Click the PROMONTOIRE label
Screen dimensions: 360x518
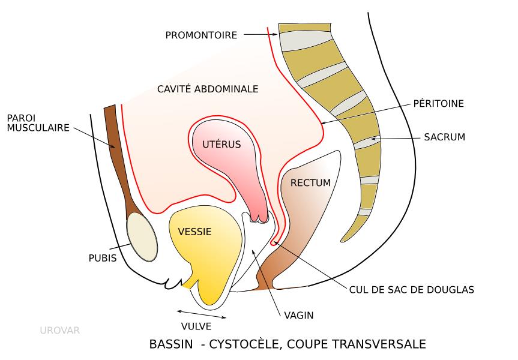201,35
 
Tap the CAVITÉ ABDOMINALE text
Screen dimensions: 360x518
207,89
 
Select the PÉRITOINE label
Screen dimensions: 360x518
439,104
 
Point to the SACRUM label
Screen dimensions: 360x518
444,137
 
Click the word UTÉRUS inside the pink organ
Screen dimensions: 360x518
221,144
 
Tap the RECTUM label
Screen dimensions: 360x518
310,182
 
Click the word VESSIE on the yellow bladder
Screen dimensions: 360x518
194,231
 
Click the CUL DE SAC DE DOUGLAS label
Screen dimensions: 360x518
412,289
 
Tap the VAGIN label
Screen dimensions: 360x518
300,314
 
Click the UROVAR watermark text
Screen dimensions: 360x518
59,329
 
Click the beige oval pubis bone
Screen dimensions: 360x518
142,238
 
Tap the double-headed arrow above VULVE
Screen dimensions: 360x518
202,314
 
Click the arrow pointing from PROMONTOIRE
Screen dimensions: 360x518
259,35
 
